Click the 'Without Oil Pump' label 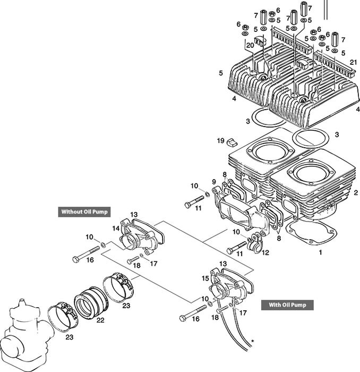coord(84,212)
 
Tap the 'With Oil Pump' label coord(287,305)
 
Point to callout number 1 coord(320,253)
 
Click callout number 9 coord(214,181)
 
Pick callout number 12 coord(265,253)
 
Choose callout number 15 coord(205,278)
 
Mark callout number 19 coord(220,141)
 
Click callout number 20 coord(250,46)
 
